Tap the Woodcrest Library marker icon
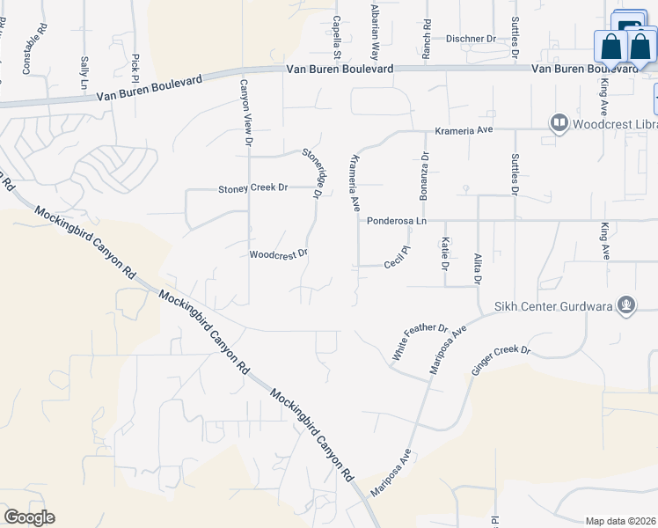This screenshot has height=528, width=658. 558,123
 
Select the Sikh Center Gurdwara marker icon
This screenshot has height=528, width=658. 626,304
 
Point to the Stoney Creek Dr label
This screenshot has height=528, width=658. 253,188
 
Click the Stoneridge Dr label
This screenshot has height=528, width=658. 311,172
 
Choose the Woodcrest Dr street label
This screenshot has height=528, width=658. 278,254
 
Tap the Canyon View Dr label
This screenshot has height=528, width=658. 248,112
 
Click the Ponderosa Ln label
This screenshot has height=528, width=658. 396,221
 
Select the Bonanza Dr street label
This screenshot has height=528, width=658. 424,176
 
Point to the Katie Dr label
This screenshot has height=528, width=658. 446,253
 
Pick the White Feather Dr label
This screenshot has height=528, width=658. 420,341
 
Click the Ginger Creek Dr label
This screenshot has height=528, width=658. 501,362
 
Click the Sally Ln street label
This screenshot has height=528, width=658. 84,71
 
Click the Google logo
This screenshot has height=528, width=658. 29,517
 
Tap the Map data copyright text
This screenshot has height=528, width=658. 620,521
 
